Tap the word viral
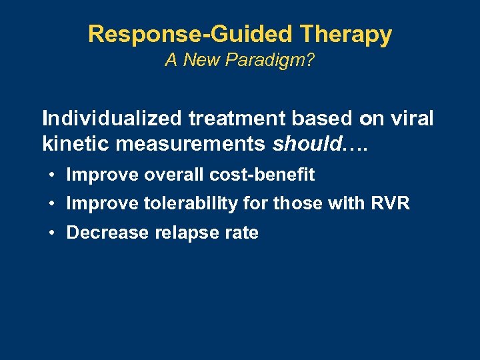[412, 119]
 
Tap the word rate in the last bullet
[241, 233]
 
